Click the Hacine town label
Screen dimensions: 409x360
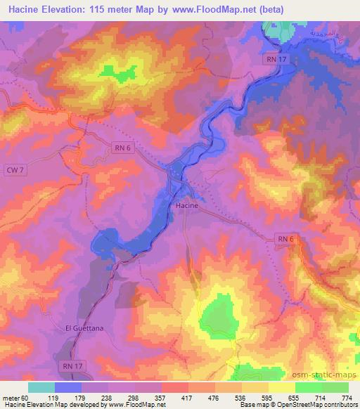pos(186,206)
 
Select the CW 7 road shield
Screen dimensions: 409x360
pos(14,170)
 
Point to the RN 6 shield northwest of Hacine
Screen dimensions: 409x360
pos(122,147)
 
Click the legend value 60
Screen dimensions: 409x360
pos(26,397)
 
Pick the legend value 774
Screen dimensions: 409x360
pos(347,397)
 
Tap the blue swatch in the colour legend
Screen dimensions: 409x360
pos(67,387)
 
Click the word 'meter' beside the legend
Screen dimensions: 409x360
pos(11,397)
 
